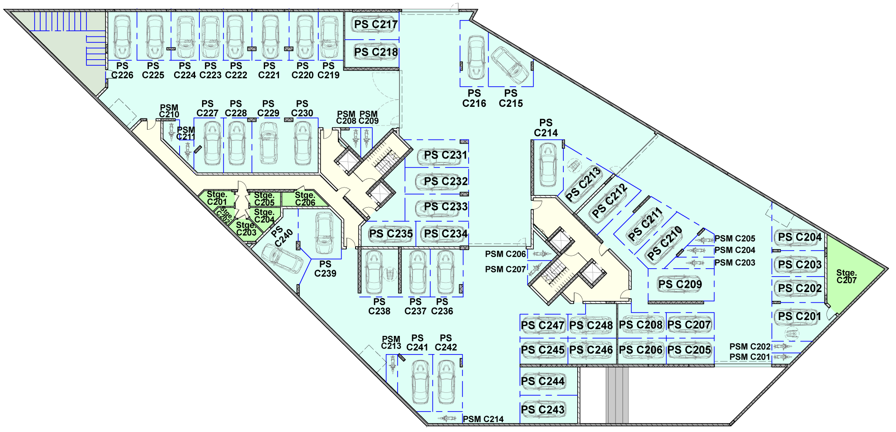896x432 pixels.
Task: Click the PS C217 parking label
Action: tap(376, 24)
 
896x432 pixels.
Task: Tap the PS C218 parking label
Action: tap(376, 52)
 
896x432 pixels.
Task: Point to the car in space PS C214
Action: tap(547, 164)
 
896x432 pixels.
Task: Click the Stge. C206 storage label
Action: tap(305, 199)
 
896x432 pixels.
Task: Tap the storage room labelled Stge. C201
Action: tap(217, 198)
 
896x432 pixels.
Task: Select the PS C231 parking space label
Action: tap(445, 155)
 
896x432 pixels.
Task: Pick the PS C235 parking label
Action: tap(391, 234)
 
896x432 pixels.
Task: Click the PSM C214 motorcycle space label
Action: tap(483, 419)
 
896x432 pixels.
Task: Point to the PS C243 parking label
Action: tap(543, 410)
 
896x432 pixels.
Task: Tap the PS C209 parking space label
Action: tap(680, 284)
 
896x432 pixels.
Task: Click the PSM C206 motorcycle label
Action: tap(505, 254)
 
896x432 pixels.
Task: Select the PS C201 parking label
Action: tap(799, 316)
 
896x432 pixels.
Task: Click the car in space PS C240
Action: tap(282, 259)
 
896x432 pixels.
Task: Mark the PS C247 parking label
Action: tap(543, 325)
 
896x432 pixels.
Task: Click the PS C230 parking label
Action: tap(302, 108)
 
